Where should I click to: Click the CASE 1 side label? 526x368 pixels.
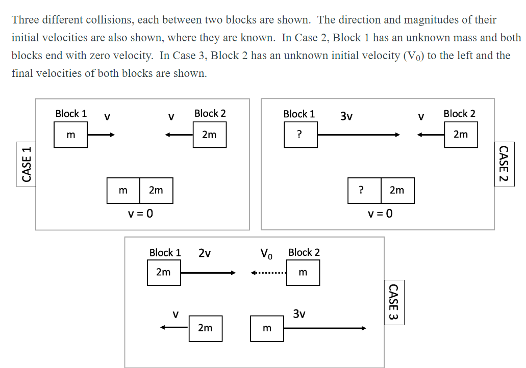pos(27,164)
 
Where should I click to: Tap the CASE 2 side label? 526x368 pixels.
pos(504,164)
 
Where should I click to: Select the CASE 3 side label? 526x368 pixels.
pos(393,302)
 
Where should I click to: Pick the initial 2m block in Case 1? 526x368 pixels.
pos(209,135)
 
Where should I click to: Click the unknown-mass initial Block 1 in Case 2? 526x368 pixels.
pos(300,135)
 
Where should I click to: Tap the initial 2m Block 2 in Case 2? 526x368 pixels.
pos(461,135)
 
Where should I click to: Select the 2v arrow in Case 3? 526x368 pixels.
pos(208,273)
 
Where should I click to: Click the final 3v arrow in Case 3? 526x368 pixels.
pos(325,328)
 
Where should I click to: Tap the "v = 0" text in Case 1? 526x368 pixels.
pos(140,214)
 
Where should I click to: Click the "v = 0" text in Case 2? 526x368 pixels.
pos(381,214)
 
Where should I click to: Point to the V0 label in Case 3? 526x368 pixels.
pos(267,253)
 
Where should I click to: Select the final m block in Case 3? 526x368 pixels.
pos(267,328)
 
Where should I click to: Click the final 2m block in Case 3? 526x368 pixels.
pos(205,328)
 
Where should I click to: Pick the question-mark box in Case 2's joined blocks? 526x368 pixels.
pos(364,190)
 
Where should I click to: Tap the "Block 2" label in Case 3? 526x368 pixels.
pos(304,252)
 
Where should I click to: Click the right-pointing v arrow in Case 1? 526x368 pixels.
pos(101,135)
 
